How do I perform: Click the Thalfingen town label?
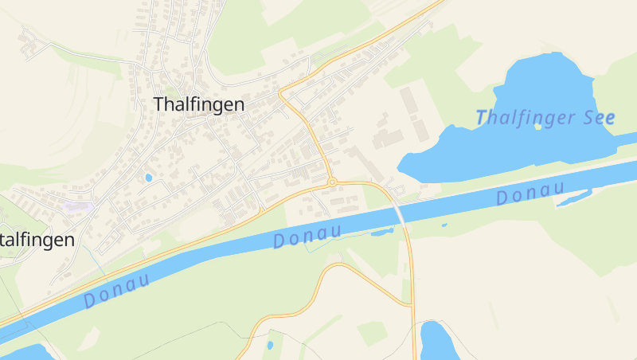click(x=198, y=104)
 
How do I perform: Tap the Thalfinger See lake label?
click(x=545, y=118)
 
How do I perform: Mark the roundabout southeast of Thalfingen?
click(x=331, y=182)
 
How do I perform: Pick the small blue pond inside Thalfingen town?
click(x=148, y=177)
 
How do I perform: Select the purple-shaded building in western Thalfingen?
click(x=78, y=206)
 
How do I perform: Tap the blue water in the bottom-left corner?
click(x=24, y=352)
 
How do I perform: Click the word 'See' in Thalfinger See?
click(x=598, y=118)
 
